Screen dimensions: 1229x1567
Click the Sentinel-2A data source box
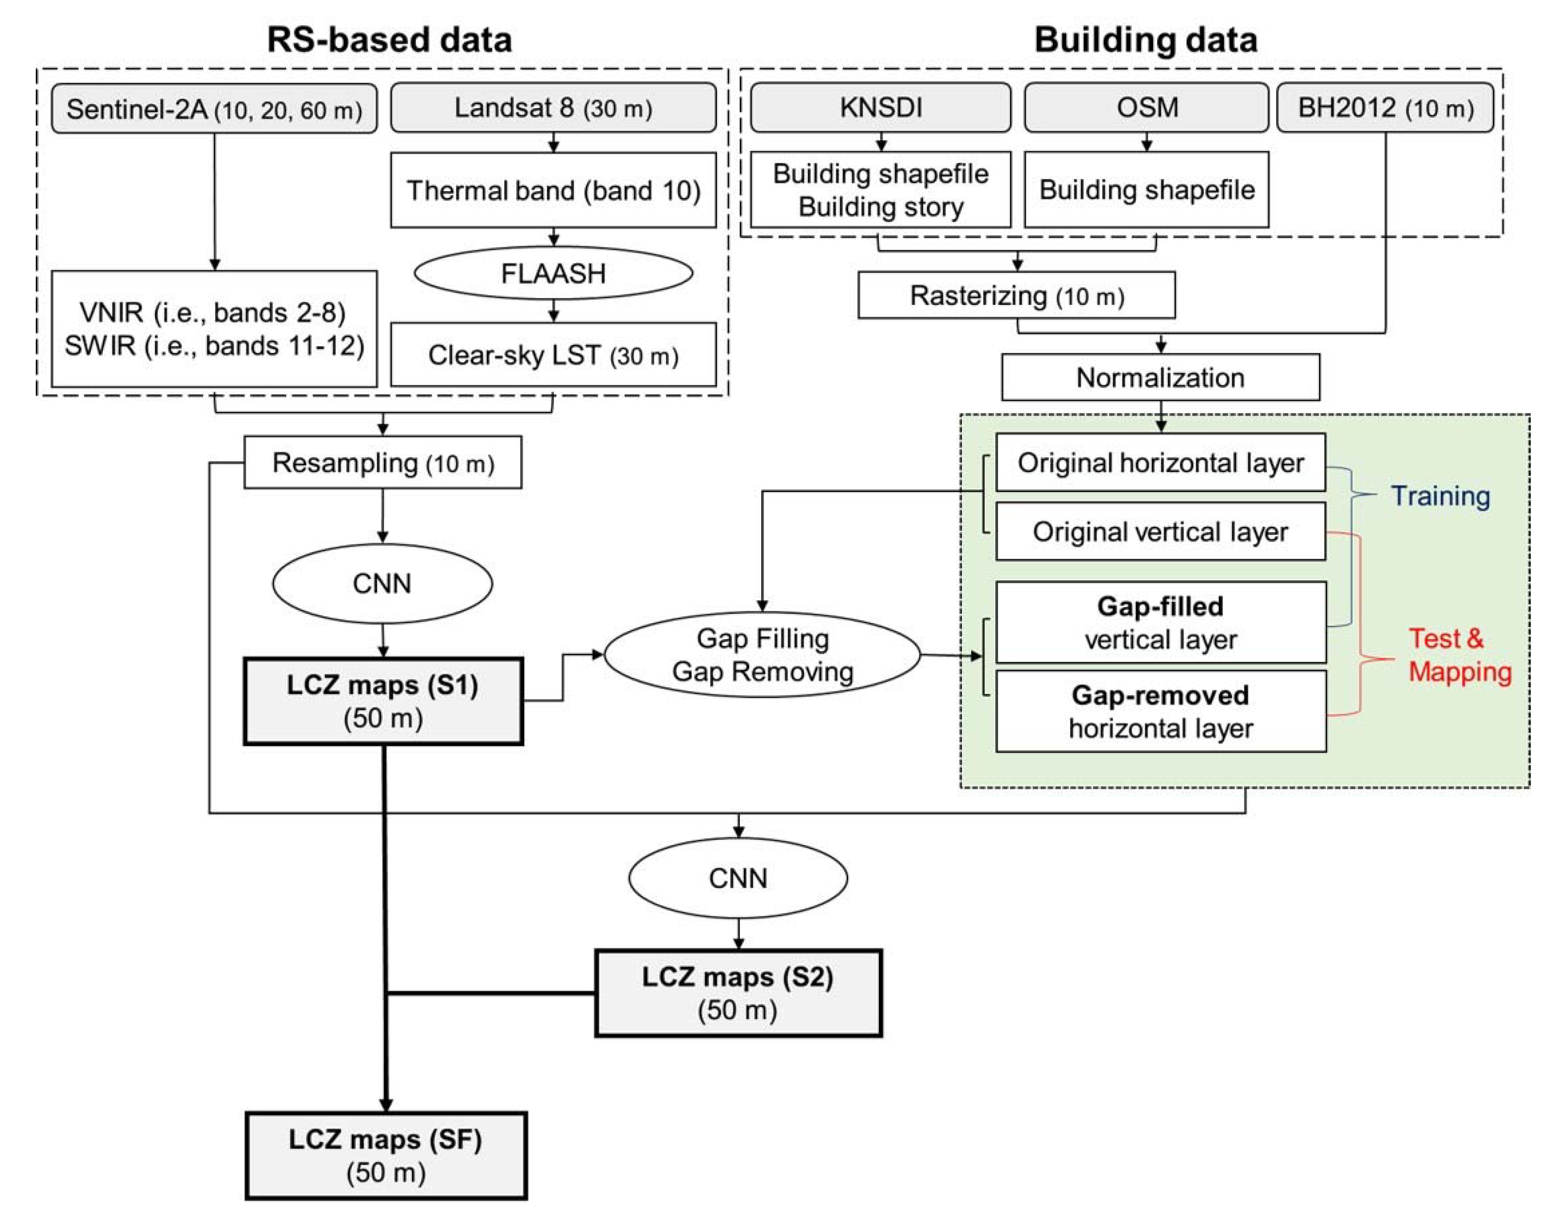click(214, 109)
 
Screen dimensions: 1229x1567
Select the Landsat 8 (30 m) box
click(553, 107)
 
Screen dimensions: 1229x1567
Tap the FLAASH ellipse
click(553, 274)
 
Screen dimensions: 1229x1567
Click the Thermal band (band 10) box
click(553, 191)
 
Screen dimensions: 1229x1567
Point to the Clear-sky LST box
click(553, 355)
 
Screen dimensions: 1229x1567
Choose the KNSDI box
click(880, 107)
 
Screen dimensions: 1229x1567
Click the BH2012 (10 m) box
click(1385, 107)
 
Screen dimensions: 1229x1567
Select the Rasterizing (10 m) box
click(1017, 295)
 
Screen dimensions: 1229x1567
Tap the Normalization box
click(1160, 377)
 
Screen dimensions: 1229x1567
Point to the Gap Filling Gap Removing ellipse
click(762, 655)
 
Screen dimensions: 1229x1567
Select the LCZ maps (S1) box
click(383, 701)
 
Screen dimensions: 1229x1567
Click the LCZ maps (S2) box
click(738, 993)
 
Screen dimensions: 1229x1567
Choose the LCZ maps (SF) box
click(386, 1156)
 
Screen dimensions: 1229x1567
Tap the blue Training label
click(1440, 496)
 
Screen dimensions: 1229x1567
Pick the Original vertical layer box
click(1160, 532)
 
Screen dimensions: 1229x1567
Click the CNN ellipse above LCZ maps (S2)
click(738, 878)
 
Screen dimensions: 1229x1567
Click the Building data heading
click(1145, 40)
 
